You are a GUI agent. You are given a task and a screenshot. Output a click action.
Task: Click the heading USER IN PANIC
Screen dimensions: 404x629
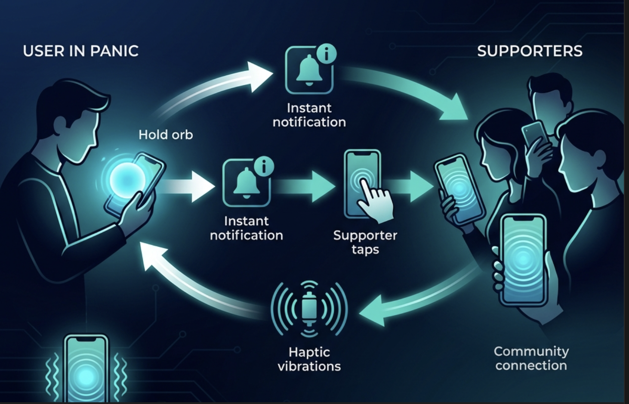point(80,51)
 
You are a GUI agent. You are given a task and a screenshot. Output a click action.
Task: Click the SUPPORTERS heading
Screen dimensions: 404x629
point(530,51)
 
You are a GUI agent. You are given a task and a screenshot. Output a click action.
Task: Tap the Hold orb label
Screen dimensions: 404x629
point(166,135)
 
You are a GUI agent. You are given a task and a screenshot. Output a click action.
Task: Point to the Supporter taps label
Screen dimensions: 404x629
point(365,242)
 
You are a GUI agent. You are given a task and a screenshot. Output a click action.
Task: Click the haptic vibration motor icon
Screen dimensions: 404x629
point(309,309)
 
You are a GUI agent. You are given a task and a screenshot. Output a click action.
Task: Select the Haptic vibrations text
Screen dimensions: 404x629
point(309,359)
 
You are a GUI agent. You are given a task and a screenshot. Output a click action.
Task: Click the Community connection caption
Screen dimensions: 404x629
point(531,358)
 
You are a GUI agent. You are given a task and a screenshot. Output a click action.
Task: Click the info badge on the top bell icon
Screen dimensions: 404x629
point(327,54)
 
